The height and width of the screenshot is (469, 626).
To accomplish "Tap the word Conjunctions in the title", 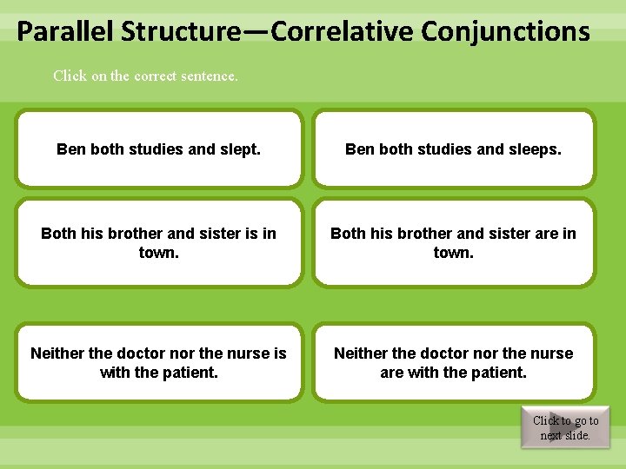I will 505,32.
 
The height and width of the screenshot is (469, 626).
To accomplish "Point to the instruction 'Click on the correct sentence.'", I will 145,76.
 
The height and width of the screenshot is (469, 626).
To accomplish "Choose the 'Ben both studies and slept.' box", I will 159,149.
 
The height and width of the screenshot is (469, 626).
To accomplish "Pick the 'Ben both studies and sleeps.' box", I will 453,149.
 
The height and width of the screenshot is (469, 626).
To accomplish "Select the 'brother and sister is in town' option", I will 159,243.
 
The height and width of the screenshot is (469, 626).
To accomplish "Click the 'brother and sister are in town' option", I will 453,243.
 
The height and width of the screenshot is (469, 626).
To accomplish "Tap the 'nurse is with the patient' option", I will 159,363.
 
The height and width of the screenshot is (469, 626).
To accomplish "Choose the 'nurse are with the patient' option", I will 453,363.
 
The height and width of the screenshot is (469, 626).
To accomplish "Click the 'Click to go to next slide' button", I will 565,427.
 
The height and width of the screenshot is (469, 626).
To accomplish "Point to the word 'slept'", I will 241,149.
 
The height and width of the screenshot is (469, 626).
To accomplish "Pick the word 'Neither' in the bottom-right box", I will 361,353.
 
